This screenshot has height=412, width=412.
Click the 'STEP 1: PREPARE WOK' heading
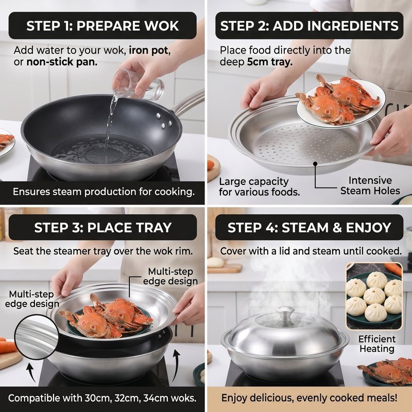(x=102, y=25)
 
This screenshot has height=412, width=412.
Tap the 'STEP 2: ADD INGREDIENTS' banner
(x=310, y=25)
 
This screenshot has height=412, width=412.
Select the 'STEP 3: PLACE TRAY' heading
(x=102, y=227)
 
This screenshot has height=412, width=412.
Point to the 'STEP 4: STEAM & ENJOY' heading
(x=310, y=227)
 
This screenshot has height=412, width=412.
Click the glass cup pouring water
(x=138, y=84)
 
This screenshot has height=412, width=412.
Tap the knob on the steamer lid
(x=285, y=315)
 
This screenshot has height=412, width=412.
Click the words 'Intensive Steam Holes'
(x=370, y=185)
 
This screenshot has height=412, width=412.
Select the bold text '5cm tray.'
(x=270, y=62)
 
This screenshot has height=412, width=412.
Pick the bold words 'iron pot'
(x=148, y=50)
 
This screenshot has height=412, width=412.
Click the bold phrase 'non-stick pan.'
(x=62, y=62)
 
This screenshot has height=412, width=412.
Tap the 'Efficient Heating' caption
(x=377, y=344)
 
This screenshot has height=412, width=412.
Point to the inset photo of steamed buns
(x=374, y=296)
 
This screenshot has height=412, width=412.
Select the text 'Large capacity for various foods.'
(x=260, y=187)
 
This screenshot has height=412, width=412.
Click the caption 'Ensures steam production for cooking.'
(x=104, y=192)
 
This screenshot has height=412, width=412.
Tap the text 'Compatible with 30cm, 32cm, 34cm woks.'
(x=102, y=398)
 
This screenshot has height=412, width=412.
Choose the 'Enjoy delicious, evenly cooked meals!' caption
(x=310, y=398)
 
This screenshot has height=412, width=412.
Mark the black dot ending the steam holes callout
(x=315, y=164)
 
